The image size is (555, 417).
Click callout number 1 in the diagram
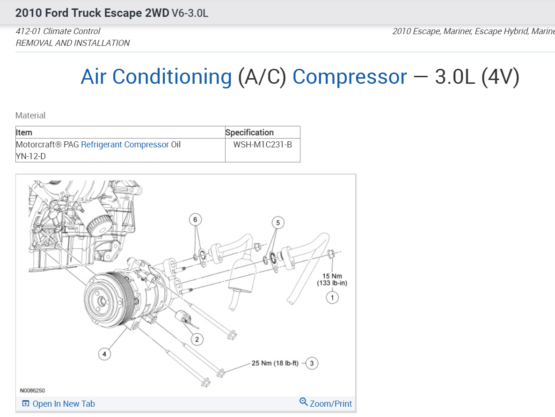coord(332,297)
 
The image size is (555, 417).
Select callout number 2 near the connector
coord(197,339)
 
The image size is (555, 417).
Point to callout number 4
coord(104,354)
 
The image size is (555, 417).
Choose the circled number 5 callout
coord(278,223)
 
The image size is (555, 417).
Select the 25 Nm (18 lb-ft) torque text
coord(275,363)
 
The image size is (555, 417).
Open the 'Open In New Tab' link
coord(63,403)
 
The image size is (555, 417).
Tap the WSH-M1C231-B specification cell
coord(263,145)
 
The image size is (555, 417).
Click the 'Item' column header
coord(24,132)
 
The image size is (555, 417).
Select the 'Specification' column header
coord(249,132)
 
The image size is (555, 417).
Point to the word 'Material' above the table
coord(30,116)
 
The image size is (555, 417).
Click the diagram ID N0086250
coord(32,390)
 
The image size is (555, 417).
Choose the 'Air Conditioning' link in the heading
coord(156,77)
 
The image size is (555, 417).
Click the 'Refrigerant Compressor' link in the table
coord(124,145)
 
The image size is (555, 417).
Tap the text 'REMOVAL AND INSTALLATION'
coord(73,43)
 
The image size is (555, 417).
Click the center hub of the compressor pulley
coord(102,300)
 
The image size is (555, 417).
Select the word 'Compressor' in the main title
coord(350,77)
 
